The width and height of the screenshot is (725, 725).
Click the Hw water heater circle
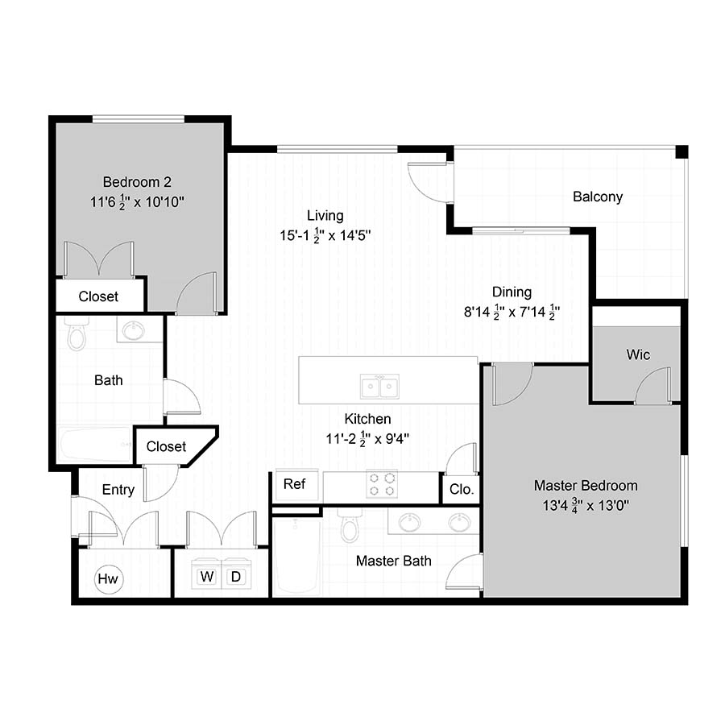[x=108, y=578]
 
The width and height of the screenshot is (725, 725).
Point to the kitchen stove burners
[x=382, y=484]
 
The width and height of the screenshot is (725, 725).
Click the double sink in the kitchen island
[x=379, y=386]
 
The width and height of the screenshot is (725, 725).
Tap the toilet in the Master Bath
[x=350, y=524]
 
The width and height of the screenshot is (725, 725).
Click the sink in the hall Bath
[x=134, y=329]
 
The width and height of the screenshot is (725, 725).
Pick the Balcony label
[x=598, y=197]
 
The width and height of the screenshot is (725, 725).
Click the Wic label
[x=638, y=354]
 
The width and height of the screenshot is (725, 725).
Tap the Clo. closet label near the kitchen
[x=462, y=489]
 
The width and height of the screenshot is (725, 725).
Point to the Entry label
[x=118, y=490]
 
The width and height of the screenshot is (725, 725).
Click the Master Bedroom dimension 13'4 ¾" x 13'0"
[x=586, y=505]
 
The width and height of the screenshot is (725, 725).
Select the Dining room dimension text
[x=512, y=312]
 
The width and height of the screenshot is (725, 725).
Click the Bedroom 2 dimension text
[x=137, y=202]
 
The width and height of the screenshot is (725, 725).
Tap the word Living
[x=325, y=215]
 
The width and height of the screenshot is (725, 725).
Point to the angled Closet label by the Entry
[x=166, y=446]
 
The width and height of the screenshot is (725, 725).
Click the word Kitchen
[x=367, y=418]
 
